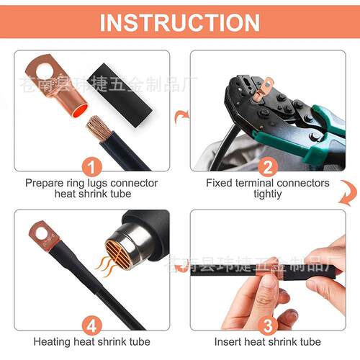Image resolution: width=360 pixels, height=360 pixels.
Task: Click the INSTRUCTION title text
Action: coord(180,22)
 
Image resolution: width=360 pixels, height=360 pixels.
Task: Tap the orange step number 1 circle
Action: coord(92,167)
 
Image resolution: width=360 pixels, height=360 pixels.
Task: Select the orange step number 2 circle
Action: coord(268,167)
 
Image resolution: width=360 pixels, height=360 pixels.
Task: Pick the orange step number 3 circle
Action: coord(268,325)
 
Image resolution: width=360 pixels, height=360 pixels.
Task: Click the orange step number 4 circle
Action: coord(92,325)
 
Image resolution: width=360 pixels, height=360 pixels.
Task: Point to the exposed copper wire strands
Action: coord(98,128)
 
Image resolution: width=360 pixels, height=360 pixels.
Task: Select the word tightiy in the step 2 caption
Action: coord(268,194)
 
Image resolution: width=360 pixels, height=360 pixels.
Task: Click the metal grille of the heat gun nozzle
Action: coord(117,251)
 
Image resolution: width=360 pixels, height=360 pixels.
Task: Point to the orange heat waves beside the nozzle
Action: coord(105,266)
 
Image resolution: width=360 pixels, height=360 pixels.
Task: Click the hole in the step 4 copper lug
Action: coord(42,234)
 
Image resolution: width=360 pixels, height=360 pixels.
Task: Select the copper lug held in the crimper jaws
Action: coord(264,89)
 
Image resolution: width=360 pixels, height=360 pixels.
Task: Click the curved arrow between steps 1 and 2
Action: coord(181,117)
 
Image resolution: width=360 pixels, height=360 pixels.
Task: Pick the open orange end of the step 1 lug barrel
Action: coord(80,111)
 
